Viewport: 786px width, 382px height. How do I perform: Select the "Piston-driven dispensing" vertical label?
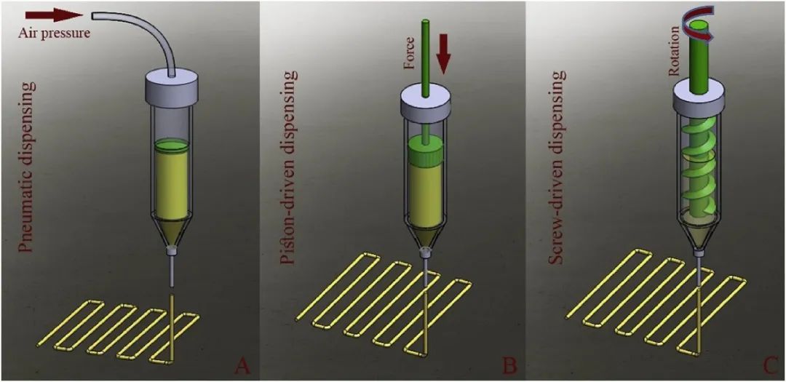[x=289, y=165]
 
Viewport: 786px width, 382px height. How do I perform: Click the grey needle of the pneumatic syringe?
[x=171, y=271]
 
